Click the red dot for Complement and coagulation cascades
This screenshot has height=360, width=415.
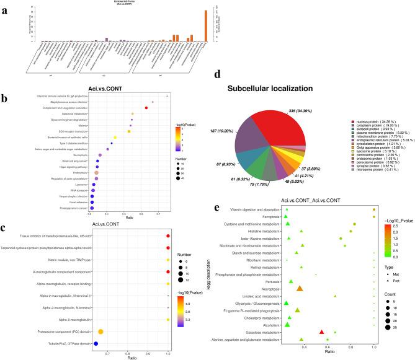coord(146,108)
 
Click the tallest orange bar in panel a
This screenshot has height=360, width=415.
coord(207,25)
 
